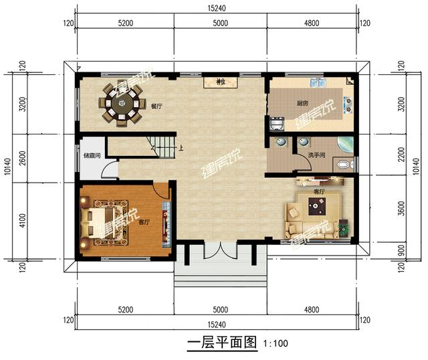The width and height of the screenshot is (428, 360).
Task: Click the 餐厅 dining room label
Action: pyautogui.click(x=156, y=106)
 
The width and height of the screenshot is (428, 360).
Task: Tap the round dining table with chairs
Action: pyautogui.click(x=122, y=104)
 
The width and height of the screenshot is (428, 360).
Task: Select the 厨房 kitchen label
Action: pyautogui.click(x=302, y=104)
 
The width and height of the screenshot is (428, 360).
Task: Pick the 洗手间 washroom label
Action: pyautogui.click(x=316, y=156)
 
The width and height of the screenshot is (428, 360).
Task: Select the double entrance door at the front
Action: pyautogui.click(x=220, y=253)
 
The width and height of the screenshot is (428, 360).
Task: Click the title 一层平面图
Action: pyautogui.click(x=221, y=344)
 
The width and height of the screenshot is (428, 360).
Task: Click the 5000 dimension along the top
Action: pyautogui.click(x=220, y=23)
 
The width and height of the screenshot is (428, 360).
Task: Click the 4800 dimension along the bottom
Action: pyautogui.click(x=313, y=309)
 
